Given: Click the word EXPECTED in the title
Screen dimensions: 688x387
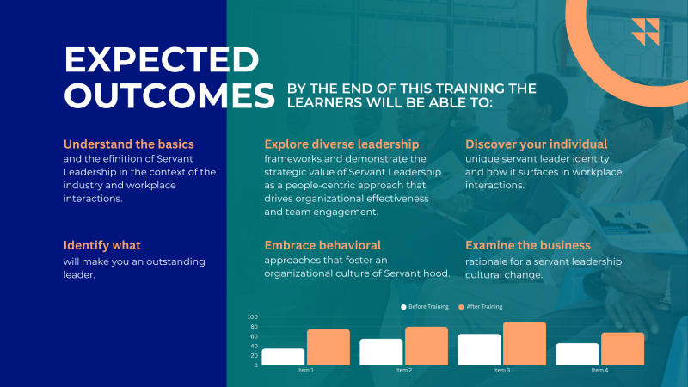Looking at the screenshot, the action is click(162, 59).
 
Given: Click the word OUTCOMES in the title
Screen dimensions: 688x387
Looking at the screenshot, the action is click(169, 95).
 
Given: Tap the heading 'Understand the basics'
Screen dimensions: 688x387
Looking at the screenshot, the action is click(128, 144).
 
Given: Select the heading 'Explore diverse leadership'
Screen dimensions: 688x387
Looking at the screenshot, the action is click(341, 144).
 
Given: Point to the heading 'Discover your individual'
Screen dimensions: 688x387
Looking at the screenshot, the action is click(536, 144).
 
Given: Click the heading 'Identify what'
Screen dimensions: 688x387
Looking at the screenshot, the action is click(101, 245).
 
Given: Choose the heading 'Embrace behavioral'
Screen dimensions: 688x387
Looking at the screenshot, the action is click(322, 245).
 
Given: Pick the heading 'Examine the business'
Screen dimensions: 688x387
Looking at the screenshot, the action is click(528, 245).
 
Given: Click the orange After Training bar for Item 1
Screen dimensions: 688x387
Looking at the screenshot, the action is click(329, 347).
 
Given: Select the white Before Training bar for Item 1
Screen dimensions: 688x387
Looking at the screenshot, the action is click(283, 357).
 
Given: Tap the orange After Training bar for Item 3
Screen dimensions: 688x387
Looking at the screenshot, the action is click(525, 343).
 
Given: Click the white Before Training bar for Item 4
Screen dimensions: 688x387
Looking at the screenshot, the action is click(577, 354).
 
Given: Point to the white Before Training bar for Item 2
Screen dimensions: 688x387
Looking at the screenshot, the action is click(381, 352).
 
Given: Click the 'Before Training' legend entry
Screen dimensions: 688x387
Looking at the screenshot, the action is click(425, 307).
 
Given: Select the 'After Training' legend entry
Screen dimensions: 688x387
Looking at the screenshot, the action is click(481, 307).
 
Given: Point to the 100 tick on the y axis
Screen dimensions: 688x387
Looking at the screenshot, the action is click(253, 316).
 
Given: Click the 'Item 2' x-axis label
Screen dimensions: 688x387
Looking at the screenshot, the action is click(403, 371).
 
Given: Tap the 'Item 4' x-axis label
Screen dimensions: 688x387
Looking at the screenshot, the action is click(599, 371).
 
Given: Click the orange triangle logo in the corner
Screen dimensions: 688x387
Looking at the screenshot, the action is click(646, 32).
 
